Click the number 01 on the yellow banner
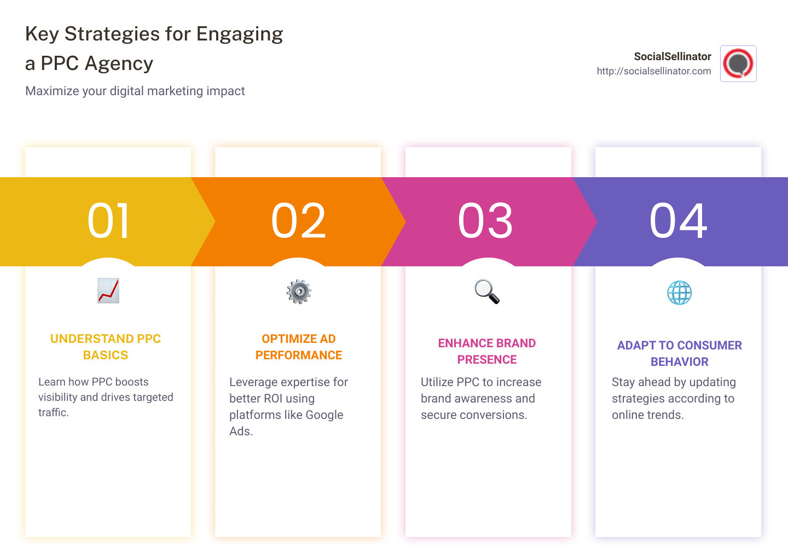(108, 221)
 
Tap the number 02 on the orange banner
(298, 221)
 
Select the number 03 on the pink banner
(485, 221)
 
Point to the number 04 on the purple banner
(678, 221)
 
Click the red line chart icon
(108, 291)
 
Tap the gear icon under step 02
(299, 291)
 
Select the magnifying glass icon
(487, 291)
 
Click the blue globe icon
(679, 293)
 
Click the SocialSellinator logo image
(738, 64)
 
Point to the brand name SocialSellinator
(673, 56)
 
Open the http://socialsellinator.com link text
(654, 71)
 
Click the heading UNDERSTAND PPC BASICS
(106, 347)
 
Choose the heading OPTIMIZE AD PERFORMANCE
(299, 347)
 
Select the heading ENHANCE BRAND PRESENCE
(487, 351)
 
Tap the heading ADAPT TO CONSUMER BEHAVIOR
(679, 353)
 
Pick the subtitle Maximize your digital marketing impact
(135, 91)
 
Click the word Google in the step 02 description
(325, 415)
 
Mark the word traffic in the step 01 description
(53, 413)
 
